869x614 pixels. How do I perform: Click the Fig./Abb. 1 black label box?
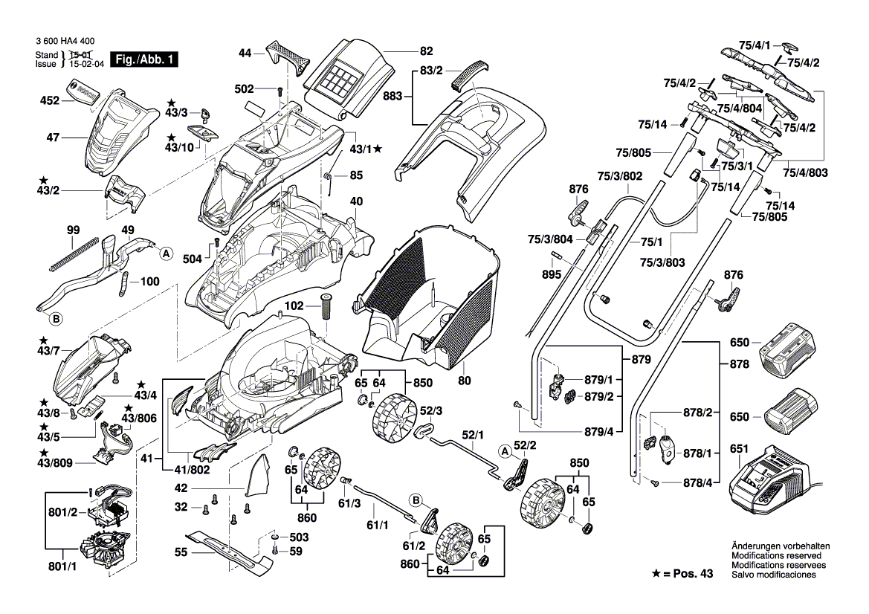tap(143, 59)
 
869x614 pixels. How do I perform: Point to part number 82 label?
tap(426, 51)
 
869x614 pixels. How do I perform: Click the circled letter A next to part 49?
tap(167, 253)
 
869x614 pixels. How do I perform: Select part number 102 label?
tap(294, 306)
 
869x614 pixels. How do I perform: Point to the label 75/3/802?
tap(619, 176)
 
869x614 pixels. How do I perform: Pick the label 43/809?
tap(57, 463)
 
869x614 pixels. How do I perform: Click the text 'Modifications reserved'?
tap(776, 556)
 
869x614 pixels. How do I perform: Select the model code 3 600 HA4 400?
tap(65, 44)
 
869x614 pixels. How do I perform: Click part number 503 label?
tap(299, 537)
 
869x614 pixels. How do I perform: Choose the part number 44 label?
tap(245, 53)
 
